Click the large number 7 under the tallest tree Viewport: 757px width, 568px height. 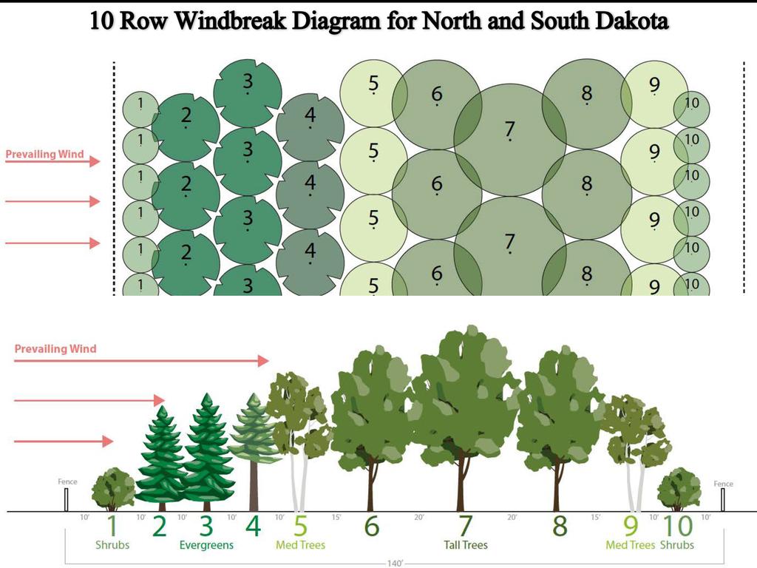465,527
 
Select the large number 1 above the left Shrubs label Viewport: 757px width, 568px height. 112,527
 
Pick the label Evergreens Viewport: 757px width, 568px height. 206,546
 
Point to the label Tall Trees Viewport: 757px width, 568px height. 465,546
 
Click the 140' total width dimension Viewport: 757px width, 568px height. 396,564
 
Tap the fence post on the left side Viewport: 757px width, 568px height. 66,501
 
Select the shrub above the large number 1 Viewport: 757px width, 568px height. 113,488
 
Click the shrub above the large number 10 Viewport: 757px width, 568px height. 679,488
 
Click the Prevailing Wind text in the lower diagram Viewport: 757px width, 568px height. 55,348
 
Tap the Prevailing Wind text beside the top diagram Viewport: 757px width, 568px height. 44,155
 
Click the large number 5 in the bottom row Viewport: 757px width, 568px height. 300,527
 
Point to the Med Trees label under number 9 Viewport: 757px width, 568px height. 631,546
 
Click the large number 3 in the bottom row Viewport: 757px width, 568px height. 206,527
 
